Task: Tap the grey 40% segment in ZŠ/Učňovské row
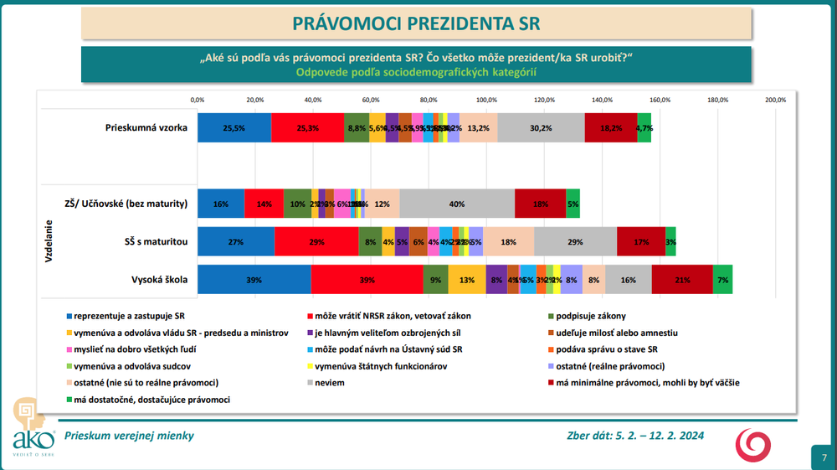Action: (457, 204)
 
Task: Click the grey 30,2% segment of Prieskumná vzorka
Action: (541, 128)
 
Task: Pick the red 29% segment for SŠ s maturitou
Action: (316, 241)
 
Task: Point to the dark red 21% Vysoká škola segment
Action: (682, 280)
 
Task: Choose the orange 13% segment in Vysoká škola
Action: (467, 280)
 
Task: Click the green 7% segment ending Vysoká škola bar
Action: (722, 280)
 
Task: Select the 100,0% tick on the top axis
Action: (486, 100)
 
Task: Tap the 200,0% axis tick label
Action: (776, 100)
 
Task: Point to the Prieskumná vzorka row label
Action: (146, 128)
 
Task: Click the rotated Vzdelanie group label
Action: (49, 241)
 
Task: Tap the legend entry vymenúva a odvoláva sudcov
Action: (130, 366)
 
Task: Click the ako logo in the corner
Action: (33, 430)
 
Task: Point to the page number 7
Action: (824, 457)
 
